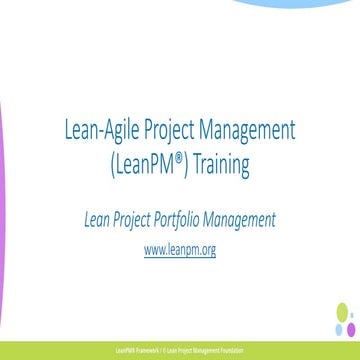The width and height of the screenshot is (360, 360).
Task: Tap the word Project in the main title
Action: (165, 130)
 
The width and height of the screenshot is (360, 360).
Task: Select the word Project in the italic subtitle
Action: (143, 219)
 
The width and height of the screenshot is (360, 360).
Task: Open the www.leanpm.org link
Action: (180, 249)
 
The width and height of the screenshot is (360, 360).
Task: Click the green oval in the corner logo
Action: (342, 313)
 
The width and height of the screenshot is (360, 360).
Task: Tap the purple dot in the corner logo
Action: (351, 329)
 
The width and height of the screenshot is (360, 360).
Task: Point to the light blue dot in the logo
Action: (340, 329)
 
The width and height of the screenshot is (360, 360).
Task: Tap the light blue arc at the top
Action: (300, 4)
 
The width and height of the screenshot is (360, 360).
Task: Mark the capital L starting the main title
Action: (67, 130)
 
